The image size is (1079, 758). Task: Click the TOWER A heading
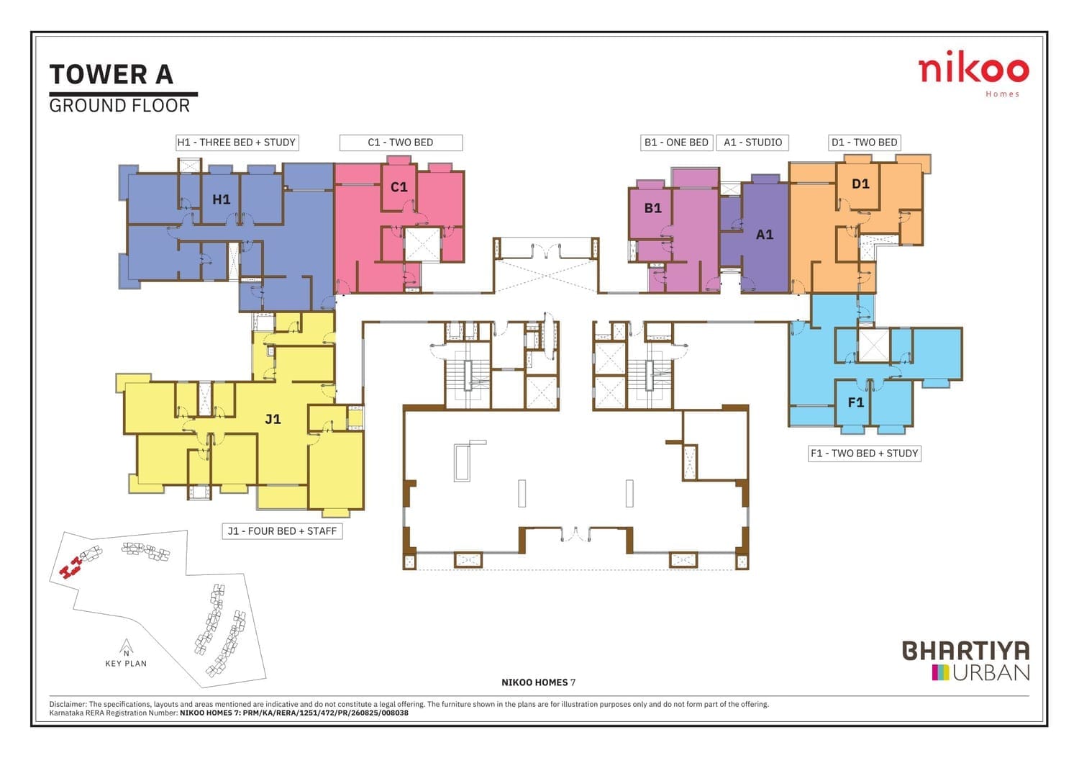(111, 75)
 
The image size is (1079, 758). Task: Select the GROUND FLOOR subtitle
(119, 106)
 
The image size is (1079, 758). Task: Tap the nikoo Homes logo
(973, 73)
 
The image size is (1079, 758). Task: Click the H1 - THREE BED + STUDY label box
(237, 143)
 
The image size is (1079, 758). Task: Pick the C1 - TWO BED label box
(401, 143)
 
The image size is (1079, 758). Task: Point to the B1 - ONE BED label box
(676, 143)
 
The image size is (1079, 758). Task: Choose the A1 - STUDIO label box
(752, 143)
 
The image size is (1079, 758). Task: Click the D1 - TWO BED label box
(864, 143)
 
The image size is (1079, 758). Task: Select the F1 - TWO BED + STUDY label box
(864, 454)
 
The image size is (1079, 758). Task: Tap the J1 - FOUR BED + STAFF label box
(282, 531)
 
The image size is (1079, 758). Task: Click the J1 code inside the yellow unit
(273, 419)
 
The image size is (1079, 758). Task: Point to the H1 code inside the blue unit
(221, 199)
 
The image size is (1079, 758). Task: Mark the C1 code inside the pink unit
(399, 187)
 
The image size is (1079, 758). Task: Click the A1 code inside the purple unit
(765, 235)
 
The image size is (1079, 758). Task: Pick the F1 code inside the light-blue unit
(855, 402)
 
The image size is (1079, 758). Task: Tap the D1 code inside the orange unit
(860, 184)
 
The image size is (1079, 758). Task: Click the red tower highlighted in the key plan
(70, 567)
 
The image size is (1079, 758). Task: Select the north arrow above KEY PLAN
(126, 648)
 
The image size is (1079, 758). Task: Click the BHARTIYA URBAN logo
(966, 660)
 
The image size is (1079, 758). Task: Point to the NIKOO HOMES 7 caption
(539, 682)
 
